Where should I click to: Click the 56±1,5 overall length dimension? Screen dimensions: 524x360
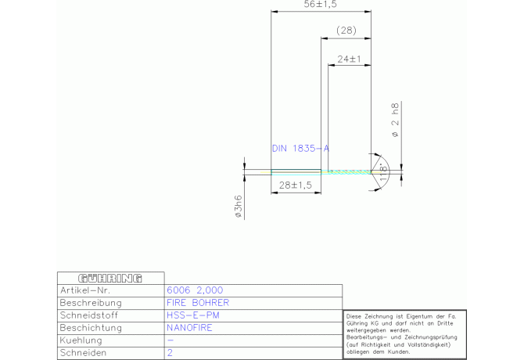(x=321, y=5)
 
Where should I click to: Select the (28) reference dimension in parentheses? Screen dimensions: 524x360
(x=346, y=31)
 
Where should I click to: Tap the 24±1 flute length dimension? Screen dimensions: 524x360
(x=350, y=59)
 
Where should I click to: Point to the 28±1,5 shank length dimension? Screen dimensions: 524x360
(x=296, y=185)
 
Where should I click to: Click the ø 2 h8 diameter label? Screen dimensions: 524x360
(x=395, y=120)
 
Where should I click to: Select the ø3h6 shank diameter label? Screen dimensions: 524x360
(x=238, y=207)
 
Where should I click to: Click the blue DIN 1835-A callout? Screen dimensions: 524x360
(x=300, y=148)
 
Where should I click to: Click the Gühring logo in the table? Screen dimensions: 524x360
(x=110, y=278)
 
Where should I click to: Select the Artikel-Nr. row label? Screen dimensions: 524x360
(x=85, y=290)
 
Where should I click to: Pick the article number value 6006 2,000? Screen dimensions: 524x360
(x=195, y=290)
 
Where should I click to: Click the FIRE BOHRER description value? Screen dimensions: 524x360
(x=198, y=303)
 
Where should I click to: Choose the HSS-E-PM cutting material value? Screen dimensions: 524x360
(x=193, y=315)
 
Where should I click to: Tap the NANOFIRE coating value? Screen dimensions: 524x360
(x=189, y=328)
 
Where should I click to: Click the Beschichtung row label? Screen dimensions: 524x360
(x=91, y=328)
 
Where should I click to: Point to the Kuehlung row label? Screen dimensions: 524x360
(x=81, y=340)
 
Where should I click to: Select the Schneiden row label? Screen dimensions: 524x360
(x=83, y=353)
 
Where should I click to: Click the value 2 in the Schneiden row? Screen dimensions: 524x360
(x=170, y=353)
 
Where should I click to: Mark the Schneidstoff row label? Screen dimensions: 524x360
(x=88, y=315)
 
